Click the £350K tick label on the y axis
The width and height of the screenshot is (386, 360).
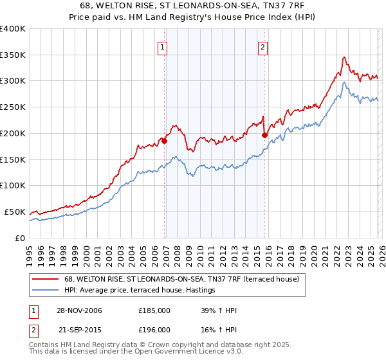12,55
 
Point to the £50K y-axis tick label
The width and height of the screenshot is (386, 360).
14,212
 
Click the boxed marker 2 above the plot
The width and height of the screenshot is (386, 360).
264,47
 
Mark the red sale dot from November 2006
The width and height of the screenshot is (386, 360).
165,141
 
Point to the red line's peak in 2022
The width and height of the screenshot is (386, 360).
344,57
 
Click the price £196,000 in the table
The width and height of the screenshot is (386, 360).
154,329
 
